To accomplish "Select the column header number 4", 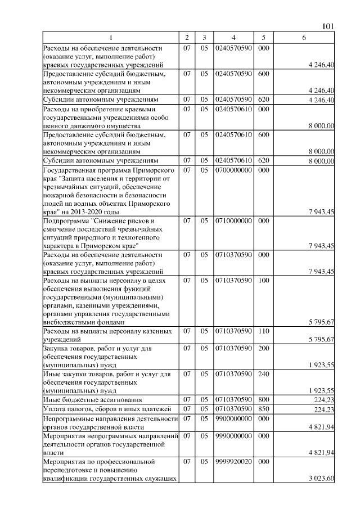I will coord(233,37).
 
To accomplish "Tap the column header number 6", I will coord(304,37).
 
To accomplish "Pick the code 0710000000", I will coord(233,221).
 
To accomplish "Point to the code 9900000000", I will coord(233,418).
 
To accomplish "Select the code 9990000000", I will coord(233,435).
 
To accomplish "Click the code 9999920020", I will coord(233,461).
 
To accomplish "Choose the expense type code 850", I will coord(263,408).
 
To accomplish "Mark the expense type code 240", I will coord(263,373).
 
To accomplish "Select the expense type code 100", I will coord(263,280).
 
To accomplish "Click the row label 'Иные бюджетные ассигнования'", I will coord(84,399).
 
